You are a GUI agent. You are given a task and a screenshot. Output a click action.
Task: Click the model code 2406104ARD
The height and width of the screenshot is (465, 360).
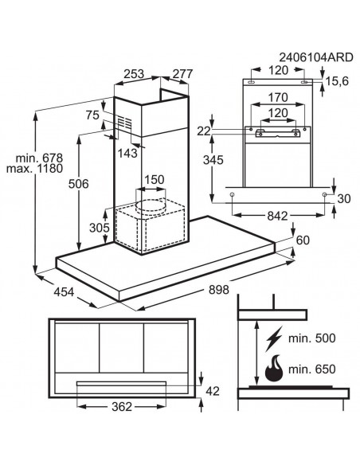[x=316, y=57]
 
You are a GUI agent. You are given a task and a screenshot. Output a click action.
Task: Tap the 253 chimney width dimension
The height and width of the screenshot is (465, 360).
[x=134, y=74]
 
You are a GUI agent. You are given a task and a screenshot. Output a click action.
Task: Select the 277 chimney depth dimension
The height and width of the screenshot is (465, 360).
[x=182, y=74]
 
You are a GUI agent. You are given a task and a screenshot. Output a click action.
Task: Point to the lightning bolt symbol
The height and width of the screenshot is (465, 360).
[x=273, y=338]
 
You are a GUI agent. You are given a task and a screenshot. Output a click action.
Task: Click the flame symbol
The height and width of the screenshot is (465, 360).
[x=273, y=368]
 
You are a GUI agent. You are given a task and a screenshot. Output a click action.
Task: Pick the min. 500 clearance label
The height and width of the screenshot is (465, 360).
[x=312, y=338]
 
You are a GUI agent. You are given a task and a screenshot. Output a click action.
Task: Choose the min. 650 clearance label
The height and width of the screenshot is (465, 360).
[x=312, y=369]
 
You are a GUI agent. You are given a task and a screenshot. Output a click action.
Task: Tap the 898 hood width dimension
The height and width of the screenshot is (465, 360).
[x=219, y=290]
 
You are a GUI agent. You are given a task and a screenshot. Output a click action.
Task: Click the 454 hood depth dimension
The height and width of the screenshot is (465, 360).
[x=64, y=292]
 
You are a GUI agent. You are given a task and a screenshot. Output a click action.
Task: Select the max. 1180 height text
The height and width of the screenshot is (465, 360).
[x=35, y=169]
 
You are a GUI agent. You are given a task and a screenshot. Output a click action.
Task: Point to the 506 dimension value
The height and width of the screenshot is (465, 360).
[x=79, y=184]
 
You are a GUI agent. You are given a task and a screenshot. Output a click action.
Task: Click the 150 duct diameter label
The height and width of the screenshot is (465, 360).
[x=155, y=180]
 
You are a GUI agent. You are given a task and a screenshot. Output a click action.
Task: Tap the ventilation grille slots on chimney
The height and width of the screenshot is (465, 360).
[x=123, y=123]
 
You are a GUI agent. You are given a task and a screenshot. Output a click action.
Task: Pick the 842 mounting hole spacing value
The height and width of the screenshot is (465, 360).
[x=277, y=216]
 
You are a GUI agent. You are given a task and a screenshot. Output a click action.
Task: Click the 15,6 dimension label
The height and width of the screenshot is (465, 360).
[x=337, y=81]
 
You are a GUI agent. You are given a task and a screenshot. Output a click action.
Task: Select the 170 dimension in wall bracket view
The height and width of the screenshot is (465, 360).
[x=278, y=98]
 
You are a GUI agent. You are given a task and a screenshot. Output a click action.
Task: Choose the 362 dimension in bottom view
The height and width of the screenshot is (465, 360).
[x=122, y=407]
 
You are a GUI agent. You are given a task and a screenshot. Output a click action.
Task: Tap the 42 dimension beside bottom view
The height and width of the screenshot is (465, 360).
[x=213, y=392]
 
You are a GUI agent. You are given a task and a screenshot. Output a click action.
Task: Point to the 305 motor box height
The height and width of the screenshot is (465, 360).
[x=100, y=228]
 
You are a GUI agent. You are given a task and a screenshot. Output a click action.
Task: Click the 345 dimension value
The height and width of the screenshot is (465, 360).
[x=213, y=160]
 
